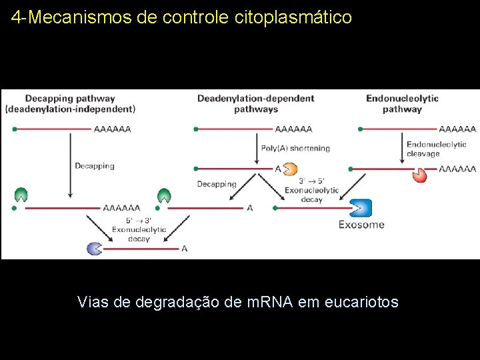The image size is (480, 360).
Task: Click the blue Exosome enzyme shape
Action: (360, 208)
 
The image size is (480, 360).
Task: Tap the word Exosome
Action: (361, 225)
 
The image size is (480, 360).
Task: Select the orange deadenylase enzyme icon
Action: (292, 169)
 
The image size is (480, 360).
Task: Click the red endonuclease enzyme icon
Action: (419, 175)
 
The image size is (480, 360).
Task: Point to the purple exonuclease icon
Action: (95, 248)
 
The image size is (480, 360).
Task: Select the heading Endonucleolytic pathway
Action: (402, 103)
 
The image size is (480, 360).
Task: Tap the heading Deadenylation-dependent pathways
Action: (255, 103)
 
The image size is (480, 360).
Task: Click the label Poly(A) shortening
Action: (295, 149)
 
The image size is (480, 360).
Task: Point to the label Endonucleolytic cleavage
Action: (436, 149)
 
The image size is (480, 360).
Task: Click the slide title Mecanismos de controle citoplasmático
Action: (190, 17)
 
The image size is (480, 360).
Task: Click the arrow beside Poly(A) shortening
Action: (257, 148)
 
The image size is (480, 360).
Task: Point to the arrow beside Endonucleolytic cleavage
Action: (402, 148)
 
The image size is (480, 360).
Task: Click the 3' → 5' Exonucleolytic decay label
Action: (311, 190)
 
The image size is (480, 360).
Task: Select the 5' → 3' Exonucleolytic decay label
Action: (139, 229)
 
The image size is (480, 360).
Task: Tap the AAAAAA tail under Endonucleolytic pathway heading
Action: (457, 129)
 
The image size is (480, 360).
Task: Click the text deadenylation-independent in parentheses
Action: (70, 109)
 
